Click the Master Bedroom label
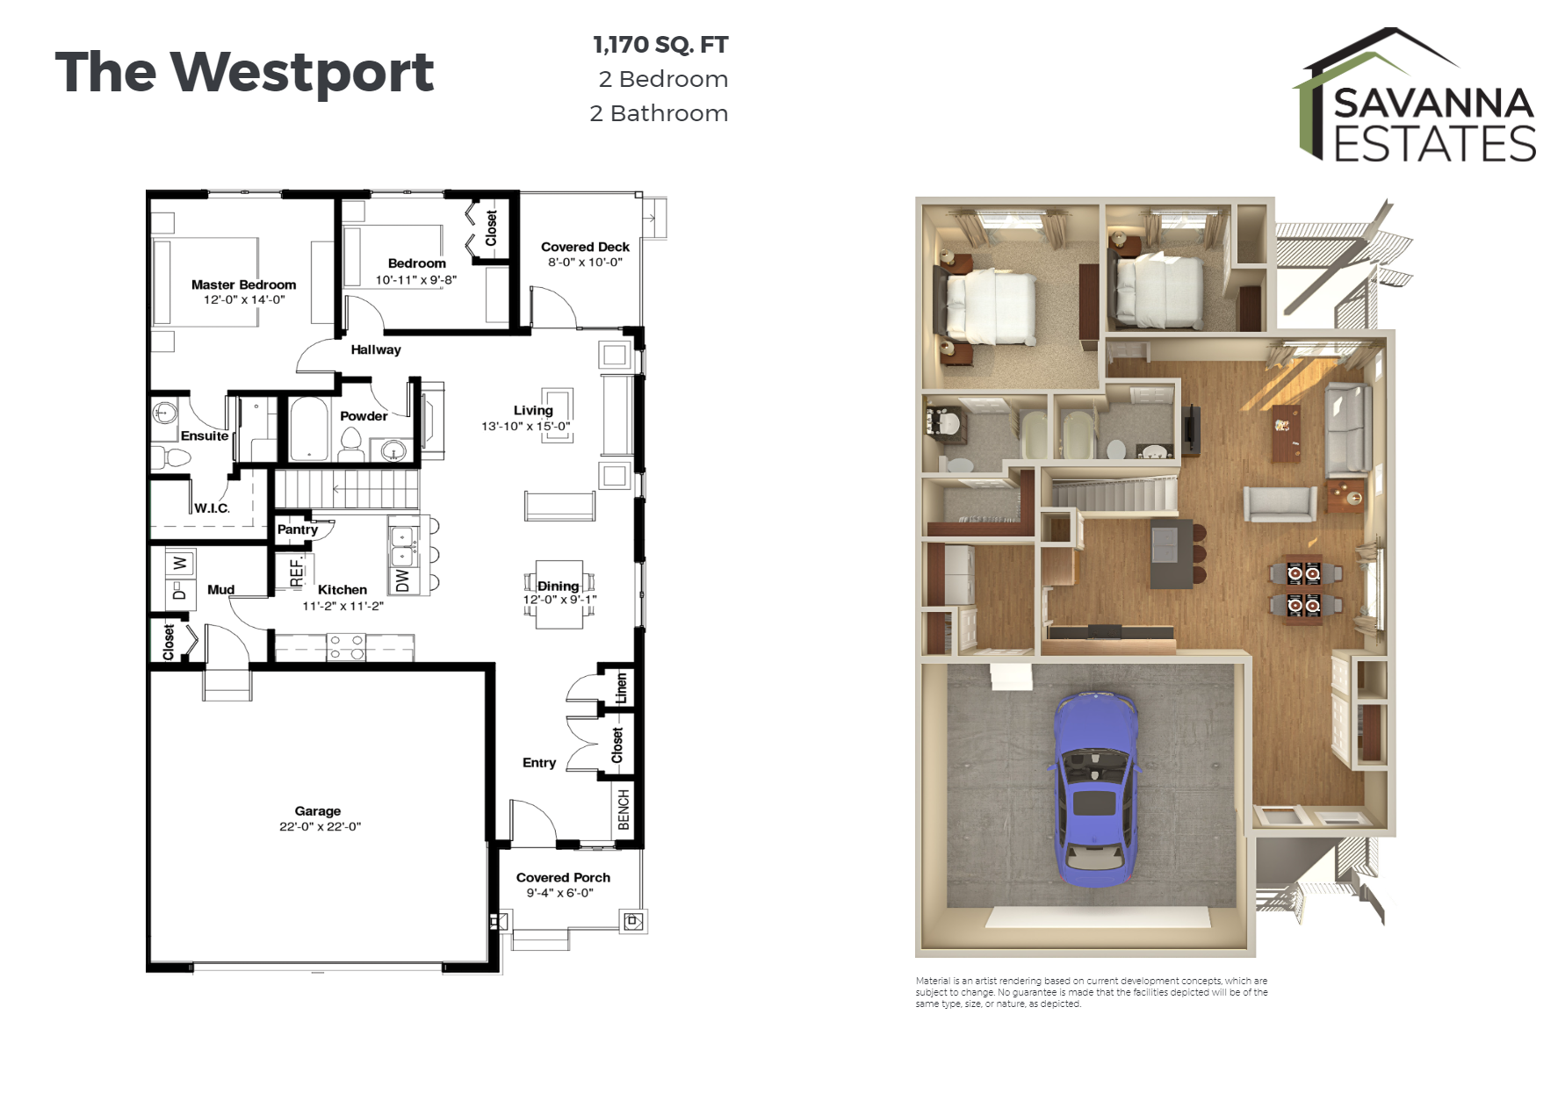click(243, 284)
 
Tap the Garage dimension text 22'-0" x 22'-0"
click(320, 826)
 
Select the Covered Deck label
click(585, 247)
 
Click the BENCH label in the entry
click(624, 809)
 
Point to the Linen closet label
click(621, 687)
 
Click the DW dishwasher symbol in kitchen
click(402, 580)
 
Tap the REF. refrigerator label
click(296, 572)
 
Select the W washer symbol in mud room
click(179, 563)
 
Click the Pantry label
click(298, 529)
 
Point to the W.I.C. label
click(212, 508)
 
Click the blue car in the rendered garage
click(1094, 786)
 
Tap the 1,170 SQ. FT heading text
click(660, 45)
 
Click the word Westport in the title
click(301, 72)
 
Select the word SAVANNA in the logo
click(1433, 104)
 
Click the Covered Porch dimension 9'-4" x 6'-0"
click(560, 893)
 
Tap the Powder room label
click(364, 416)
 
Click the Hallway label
click(376, 349)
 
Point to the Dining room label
click(558, 586)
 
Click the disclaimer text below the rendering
click(1091, 992)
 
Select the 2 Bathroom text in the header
click(659, 113)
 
